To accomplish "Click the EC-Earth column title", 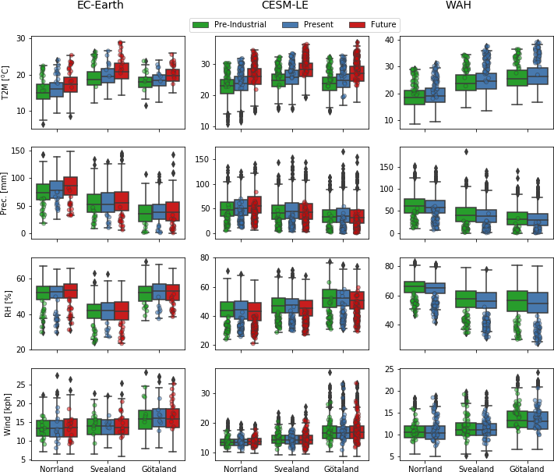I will tap(100, 6).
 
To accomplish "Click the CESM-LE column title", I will tap(267, 6).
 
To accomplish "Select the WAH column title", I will tap(457, 6).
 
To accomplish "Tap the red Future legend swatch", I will tap(359, 25).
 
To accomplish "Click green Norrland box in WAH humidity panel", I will tap(414, 287).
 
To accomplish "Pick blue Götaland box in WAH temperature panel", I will tap(538, 76).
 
